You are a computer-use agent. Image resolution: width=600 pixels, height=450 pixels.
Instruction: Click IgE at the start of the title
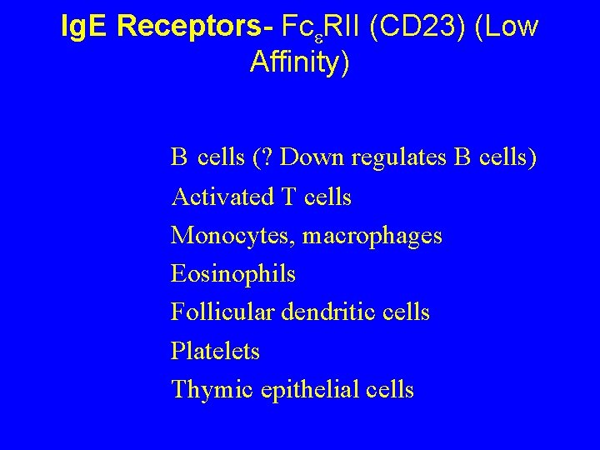point(87,27)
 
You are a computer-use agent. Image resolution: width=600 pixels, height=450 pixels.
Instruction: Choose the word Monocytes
point(232,236)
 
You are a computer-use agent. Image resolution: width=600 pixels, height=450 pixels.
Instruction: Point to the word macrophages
point(372,236)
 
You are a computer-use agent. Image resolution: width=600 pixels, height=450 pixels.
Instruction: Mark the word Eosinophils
point(232,273)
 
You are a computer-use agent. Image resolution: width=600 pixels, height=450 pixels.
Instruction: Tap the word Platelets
point(215,351)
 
